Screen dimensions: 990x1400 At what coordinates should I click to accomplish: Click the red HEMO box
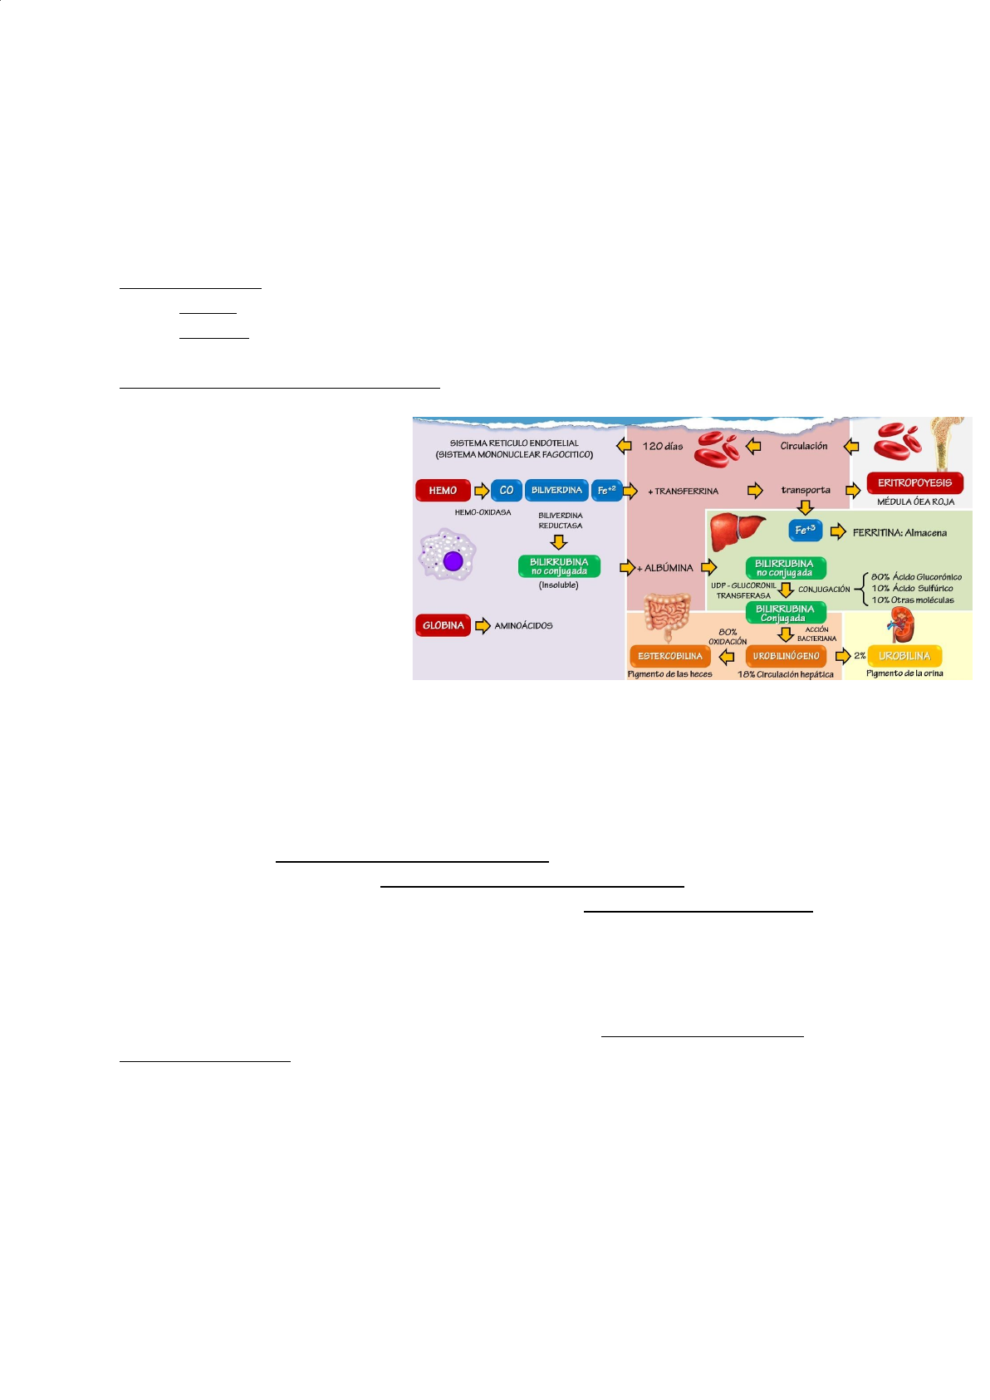pyautogui.click(x=443, y=491)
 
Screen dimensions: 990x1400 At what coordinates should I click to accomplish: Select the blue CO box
pyautogui.click(x=506, y=491)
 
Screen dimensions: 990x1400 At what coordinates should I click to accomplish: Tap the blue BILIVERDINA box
pyautogui.click(x=556, y=491)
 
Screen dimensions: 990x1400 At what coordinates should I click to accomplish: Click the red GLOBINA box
pyautogui.click(x=443, y=625)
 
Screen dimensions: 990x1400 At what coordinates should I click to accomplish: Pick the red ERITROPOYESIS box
pyautogui.click(x=914, y=482)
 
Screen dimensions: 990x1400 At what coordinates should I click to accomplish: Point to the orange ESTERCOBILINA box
pyautogui.click(x=669, y=656)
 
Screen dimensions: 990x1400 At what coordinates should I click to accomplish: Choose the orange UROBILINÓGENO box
pyautogui.click(x=786, y=656)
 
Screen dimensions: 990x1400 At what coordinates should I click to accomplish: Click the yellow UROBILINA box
pyautogui.click(x=904, y=656)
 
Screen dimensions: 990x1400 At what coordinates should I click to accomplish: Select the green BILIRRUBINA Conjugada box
pyautogui.click(x=785, y=613)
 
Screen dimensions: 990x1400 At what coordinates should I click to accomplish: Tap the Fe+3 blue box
pyautogui.click(x=805, y=530)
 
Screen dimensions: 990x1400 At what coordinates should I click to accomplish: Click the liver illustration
pyautogui.click(x=736, y=531)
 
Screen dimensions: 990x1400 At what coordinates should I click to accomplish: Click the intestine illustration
pyautogui.click(x=667, y=615)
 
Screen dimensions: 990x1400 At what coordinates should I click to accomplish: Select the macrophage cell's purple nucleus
pyautogui.click(x=453, y=561)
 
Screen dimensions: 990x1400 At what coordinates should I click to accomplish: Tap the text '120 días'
pyautogui.click(x=662, y=446)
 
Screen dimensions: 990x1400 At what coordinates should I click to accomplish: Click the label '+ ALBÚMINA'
pyautogui.click(x=665, y=568)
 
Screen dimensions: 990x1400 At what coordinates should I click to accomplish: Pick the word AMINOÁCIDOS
pyautogui.click(x=523, y=626)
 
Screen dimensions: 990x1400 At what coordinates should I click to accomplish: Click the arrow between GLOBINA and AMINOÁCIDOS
pyautogui.click(x=483, y=625)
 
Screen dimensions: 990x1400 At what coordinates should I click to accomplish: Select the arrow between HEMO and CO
pyautogui.click(x=481, y=491)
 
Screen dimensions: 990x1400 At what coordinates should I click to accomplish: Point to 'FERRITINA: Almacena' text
pyautogui.click(x=899, y=533)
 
